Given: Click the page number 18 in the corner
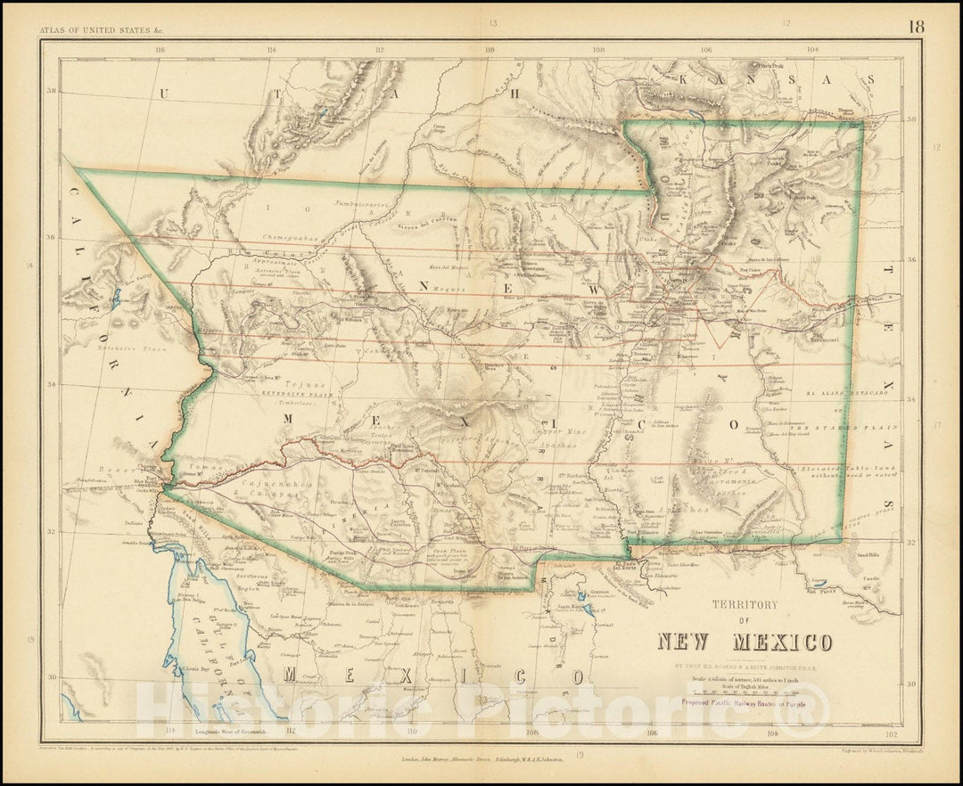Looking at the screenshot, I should coord(916,26).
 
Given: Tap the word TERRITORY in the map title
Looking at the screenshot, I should coord(745,604).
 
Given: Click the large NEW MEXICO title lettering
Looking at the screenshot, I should coord(745,642).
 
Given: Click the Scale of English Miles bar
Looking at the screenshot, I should coord(745,692).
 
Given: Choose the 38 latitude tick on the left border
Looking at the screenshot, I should coord(52,91).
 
